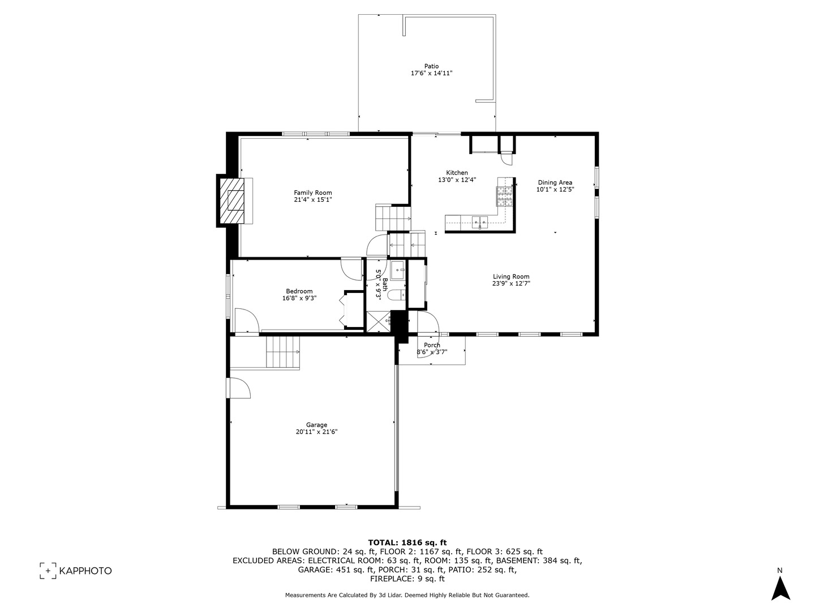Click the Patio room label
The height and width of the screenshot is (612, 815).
tap(431, 66)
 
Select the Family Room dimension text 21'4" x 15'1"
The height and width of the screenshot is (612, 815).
tap(312, 199)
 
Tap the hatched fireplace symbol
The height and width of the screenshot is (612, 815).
tap(233, 201)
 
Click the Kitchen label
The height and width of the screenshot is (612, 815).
tap(457, 173)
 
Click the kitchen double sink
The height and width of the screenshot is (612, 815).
tap(480, 222)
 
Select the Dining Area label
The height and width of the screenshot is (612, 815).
tap(555, 182)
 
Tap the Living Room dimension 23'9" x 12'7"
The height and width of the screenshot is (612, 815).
tap(511, 284)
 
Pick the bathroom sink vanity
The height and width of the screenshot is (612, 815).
tap(397, 270)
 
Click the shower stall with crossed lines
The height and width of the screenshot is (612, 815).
tap(378, 321)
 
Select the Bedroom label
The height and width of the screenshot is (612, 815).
tap(299, 291)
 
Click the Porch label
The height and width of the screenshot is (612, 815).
tap(432, 345)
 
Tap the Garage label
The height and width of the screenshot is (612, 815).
tap(316, 425)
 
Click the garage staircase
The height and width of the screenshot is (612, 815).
tap(282, 351)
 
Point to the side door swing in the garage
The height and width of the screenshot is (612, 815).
tap(239, 388)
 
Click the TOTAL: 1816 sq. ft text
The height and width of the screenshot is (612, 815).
tap(407, 542)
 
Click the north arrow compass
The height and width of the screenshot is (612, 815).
tap(780, 587)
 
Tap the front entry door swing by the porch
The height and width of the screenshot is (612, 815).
tap(426, 322)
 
